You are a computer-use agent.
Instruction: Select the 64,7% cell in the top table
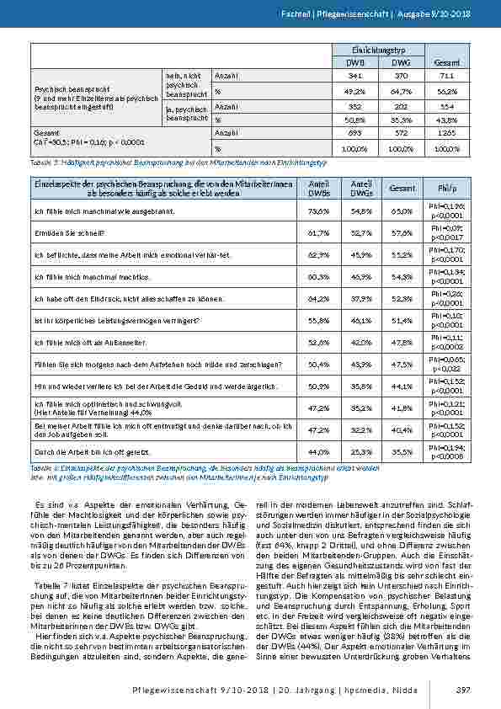coord(402,90)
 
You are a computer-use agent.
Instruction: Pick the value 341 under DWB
coord(354,76)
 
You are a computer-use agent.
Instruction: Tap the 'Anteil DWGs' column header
coord(360,188)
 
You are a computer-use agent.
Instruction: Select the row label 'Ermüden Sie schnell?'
coord(68,232)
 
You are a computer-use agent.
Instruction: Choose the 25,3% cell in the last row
coord(360,452)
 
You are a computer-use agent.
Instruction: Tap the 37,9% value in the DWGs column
coord(360,298)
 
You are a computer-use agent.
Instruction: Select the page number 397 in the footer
coord(461,690)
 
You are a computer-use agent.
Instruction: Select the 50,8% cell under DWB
coord(354,120)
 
